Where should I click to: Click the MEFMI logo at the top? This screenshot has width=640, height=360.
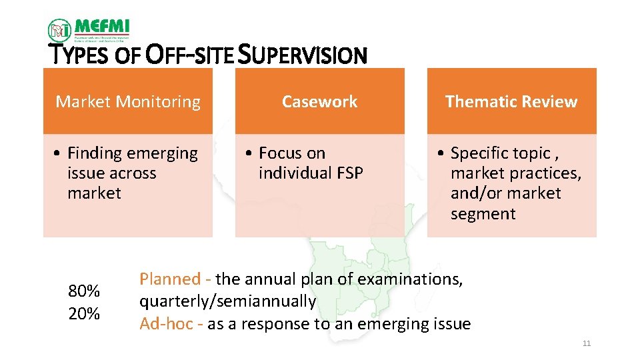point(88,29)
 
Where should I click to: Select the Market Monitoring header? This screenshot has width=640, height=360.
point(128,102)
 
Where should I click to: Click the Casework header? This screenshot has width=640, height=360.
point(319,102)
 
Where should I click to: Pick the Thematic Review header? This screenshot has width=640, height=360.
point(511,102)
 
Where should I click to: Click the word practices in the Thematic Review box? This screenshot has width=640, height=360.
point(549,173)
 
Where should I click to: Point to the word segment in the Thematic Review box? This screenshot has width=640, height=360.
point(483,214)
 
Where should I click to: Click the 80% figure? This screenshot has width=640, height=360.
point(84,291)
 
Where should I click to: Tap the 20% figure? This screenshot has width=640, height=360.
point(84,313)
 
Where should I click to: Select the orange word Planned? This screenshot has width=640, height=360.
point(169,279)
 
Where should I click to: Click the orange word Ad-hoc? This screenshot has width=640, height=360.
point(167,324)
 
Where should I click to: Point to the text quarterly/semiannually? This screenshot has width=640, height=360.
point(227,301)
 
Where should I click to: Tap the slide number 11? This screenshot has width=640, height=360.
point(587,343)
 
